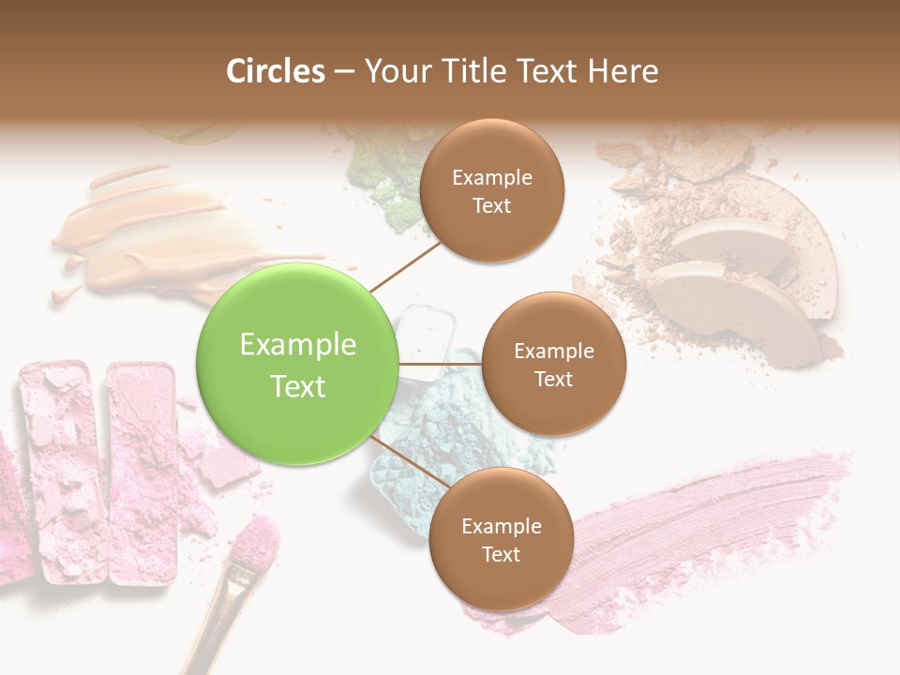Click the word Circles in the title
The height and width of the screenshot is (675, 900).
(276, 71)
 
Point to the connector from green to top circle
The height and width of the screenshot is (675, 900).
(406, 266)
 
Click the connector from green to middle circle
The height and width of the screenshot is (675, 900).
(440, 364)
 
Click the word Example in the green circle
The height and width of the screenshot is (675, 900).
(297, 345)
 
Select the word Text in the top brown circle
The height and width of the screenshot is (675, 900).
(491, 206)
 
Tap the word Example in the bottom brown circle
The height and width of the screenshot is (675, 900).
(501, 526)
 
